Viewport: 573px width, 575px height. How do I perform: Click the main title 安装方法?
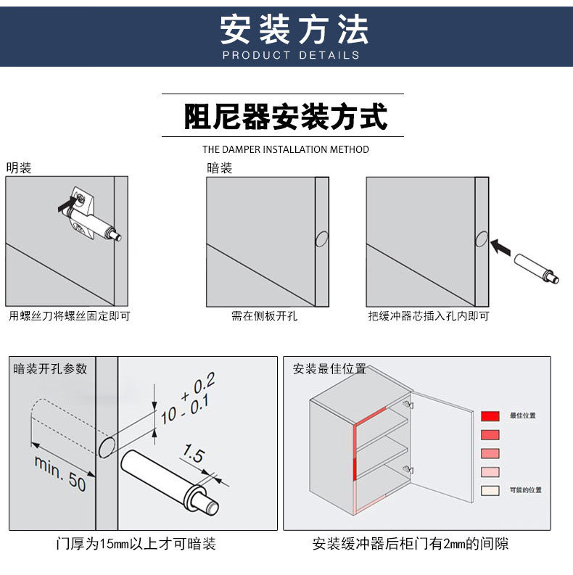[294, 29]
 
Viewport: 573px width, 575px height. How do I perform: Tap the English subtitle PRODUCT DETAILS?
[292, 55]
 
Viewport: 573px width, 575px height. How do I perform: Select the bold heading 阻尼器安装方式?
[285, 116]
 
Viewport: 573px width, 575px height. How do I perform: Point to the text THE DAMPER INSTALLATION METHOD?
[286, 149]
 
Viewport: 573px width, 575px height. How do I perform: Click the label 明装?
[19, 168]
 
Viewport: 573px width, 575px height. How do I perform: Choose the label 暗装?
[219, 168]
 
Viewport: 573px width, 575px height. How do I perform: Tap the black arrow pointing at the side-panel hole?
[500, 247]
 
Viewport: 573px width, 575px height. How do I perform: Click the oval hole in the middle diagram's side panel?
[322, 239]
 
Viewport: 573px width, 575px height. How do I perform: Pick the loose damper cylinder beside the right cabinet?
[536, 268]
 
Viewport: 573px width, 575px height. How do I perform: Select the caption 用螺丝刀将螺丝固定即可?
[70, 315]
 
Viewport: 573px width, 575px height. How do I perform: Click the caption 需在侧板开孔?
[264, 315]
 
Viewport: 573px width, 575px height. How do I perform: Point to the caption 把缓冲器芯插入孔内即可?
[429, 315]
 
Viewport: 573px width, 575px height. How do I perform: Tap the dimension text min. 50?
[60, 473]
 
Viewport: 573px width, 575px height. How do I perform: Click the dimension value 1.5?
[194, 453]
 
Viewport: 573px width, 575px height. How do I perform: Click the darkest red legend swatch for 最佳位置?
[490, 416]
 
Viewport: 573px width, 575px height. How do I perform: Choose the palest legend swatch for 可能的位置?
[490, 491]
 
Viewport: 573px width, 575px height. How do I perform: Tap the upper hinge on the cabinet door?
[408, 405]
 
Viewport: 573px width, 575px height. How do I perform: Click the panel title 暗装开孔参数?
[50, 368]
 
